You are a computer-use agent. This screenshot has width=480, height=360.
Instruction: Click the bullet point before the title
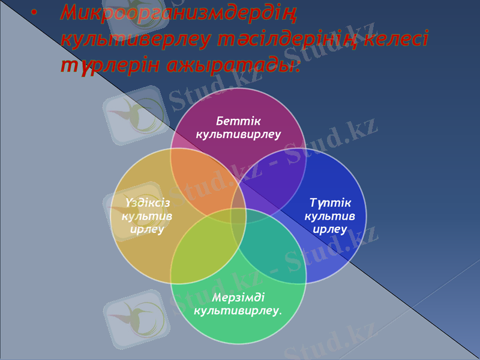(34, 13)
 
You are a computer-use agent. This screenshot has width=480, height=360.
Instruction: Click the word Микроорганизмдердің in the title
(179, 13)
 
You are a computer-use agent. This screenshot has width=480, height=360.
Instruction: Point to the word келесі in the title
(401, 40)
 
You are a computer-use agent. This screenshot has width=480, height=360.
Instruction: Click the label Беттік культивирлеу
(239, 128)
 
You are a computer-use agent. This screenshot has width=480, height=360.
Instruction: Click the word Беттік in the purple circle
(239, 122)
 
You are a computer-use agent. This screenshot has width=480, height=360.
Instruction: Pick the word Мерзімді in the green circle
(239, 298)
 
